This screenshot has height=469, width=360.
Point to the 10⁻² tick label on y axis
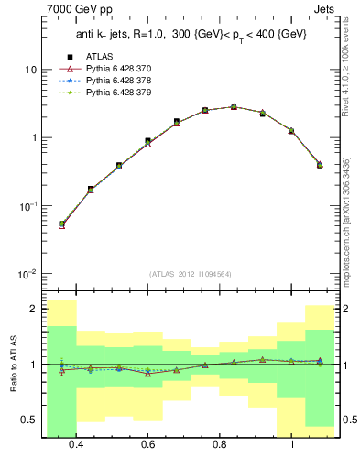[x=28, y=274]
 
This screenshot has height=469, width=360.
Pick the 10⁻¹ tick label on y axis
[x=28, y=206]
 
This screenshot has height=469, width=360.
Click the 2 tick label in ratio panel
[x=34, y=309]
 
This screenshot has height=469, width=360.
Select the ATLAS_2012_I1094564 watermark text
[x=190, y=274]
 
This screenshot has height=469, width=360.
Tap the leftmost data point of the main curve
[x=61, y=224]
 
